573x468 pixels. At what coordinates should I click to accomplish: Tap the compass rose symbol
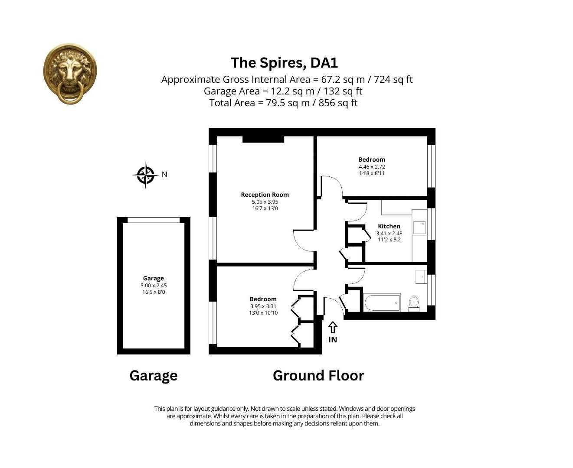(x=145, y=175)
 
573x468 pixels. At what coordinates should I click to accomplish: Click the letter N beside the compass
(x=164, y=175)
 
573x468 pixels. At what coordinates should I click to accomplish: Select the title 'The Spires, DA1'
(x=284, y=63)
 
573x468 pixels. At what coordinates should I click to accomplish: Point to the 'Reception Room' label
(x=265, y=195)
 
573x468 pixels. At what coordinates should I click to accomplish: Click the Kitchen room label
(x=389, y=226)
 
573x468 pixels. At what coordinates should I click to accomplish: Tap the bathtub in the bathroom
(x=382, y=302)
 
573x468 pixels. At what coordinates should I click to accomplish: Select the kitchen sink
(x=419, y=227)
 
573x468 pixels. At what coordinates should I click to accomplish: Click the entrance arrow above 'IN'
(x=333, y=327)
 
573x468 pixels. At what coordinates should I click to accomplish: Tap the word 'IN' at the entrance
(x=333, y=340)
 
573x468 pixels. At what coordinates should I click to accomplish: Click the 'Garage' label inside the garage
(x=154, y=279)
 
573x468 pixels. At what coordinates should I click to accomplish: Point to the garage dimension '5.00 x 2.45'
(x=154, y=286)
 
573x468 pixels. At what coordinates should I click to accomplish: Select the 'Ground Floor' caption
(x=318, y=375)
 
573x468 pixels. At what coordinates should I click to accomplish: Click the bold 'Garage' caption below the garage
(x=154, y=375)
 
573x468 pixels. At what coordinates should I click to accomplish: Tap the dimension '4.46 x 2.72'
(x=372, y=166)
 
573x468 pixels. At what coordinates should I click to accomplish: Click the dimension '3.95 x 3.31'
(x=263, y=306)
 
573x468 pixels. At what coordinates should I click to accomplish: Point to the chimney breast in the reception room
(x=263, y=139)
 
